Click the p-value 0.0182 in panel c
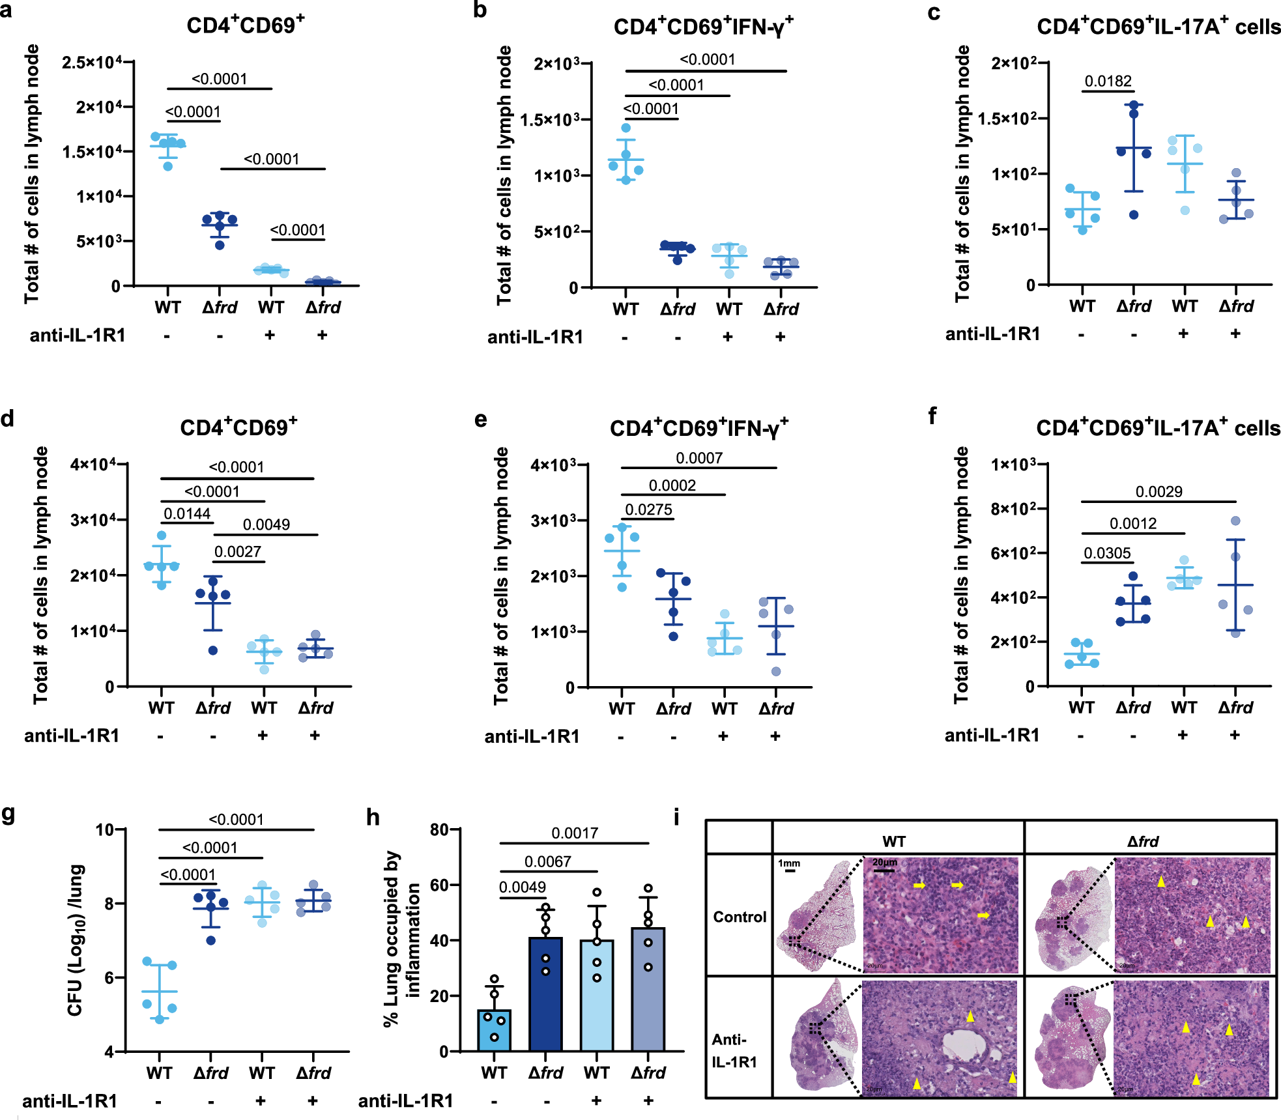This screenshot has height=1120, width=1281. pos(1108,81)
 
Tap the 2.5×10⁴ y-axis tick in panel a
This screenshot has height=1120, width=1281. pos(92,63)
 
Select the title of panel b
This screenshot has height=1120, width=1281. pos(703,27)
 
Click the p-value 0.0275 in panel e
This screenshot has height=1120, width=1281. pos(648,510)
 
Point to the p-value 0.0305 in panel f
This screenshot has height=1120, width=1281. pos(1107,553)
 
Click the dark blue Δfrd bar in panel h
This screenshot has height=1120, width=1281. pos(545,994)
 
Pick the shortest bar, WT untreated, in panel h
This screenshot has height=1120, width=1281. pos(494,1030)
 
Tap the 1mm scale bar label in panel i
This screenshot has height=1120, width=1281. pos(789,863)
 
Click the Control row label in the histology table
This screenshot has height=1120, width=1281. pos(740,917)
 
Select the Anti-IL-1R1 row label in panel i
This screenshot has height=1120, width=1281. pos(734,1050)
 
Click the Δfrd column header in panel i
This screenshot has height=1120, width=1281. pos(1143,841)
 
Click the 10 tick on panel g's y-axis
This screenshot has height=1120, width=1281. pos(104,829)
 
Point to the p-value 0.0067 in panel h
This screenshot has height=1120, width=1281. pos(547,861)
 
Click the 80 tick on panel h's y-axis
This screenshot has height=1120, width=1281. pos(439,829)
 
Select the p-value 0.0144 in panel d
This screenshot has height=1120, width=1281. pos(187,514)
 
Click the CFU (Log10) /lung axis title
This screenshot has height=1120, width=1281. pos(76,940)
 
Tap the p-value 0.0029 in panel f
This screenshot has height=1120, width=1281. pos(1159,491)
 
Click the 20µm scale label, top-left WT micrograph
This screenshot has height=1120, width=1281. pos(884,862)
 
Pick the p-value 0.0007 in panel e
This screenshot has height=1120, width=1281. pos(698,458)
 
